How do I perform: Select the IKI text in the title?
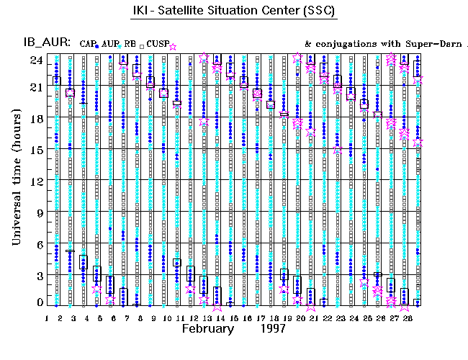pos(143,12)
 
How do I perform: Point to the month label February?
pos(208,328)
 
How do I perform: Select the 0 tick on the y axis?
pos(36,304)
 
